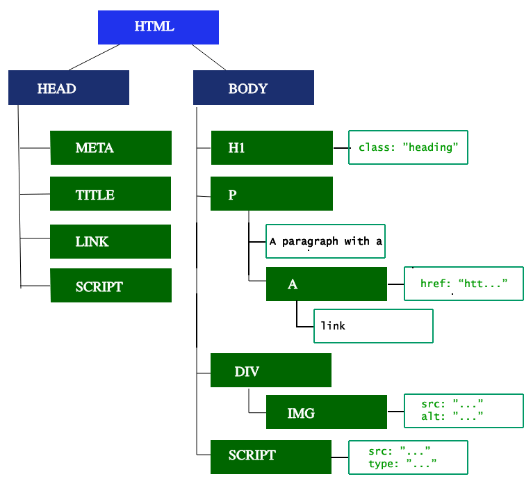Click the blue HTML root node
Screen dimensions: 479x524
coord(158,28)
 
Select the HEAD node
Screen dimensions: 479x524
coord(69,88)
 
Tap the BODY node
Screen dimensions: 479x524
coord(253,88)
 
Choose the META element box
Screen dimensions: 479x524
coord(110,148)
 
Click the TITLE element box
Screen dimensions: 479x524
coord(110,194)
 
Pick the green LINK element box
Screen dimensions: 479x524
coord(110,241)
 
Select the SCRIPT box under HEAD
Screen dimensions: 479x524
coord(110,286)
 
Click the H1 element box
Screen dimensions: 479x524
coord(272,148)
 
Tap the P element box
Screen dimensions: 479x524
coord(272,194)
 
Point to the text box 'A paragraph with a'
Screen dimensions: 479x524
coord(325,241)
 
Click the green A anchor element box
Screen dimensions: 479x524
coord(327,284)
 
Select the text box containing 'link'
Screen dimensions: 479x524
coord(373,326)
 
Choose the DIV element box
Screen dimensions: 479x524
coord(271,371)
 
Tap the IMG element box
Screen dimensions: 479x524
coord(327,412)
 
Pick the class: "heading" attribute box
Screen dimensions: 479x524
coord(408,147)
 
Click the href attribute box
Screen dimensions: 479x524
coord(464,284)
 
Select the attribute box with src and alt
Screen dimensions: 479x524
coord(464,410)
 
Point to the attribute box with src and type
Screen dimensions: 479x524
coord(408,457)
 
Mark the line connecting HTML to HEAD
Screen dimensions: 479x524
coord(95,57)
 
